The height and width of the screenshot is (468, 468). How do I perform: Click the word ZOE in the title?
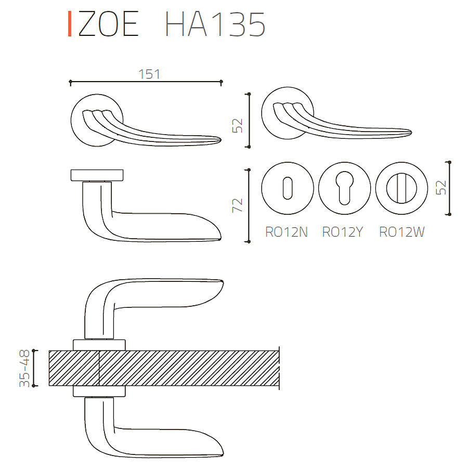108,24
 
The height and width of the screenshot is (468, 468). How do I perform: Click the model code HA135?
215,24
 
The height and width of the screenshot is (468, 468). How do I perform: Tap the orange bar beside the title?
70,24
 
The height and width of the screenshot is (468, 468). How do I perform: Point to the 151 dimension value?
149,74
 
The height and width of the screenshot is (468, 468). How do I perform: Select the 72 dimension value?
238,205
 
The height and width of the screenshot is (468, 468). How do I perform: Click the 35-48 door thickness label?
24,368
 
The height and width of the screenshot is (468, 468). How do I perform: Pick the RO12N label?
286,232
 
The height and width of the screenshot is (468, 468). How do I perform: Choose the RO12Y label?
343,232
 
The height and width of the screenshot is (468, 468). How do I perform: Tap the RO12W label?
402,232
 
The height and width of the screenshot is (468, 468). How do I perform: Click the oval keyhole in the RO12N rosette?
288,188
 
